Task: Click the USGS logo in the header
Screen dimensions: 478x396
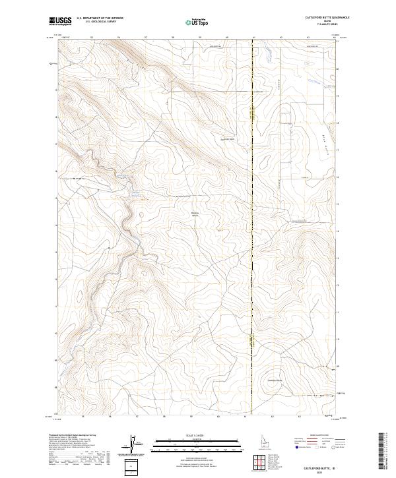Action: tap(60, 22)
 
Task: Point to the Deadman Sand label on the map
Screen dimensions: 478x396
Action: tap(228, 139)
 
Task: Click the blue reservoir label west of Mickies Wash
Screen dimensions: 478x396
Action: tap(135, 193)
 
